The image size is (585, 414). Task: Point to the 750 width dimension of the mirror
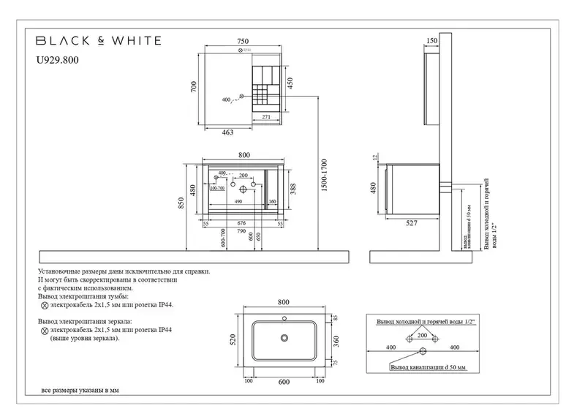click(244, 42)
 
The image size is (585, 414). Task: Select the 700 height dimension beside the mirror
click(195, 86)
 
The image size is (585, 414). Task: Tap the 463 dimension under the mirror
click(227, 132)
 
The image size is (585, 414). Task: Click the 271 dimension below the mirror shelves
click(267, 117)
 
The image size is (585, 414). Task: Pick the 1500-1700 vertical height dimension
click(324, 176)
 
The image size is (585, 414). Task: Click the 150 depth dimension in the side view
click(431, 41)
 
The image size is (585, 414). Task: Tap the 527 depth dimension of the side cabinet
click(412, 223)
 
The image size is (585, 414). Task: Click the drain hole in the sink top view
click(284, 338)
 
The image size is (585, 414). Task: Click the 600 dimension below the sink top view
click(283, 382)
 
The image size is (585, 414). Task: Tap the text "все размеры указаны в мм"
click(80, 391)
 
